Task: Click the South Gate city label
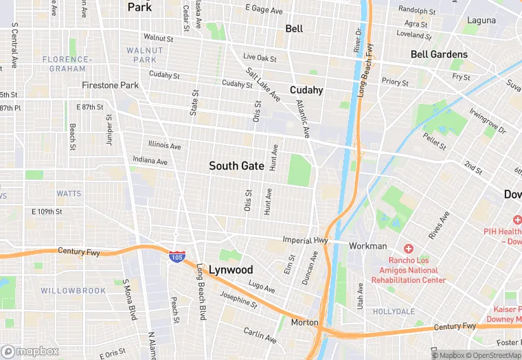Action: point(236,166)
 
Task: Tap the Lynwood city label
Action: point(231,269)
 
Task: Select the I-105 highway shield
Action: point(177,256)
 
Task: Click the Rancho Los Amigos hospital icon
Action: point(409,248)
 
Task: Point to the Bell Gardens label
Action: point(439,54)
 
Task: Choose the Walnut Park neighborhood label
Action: point(145,55)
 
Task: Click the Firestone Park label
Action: point(110,85)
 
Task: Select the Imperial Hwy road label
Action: point(306,240)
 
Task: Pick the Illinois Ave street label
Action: point(165,146)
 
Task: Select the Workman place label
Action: point(368,246)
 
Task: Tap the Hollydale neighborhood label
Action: point(394,311)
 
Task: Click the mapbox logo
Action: point(30,351)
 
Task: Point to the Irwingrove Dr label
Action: point(488,120)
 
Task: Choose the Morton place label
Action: point(304,322)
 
